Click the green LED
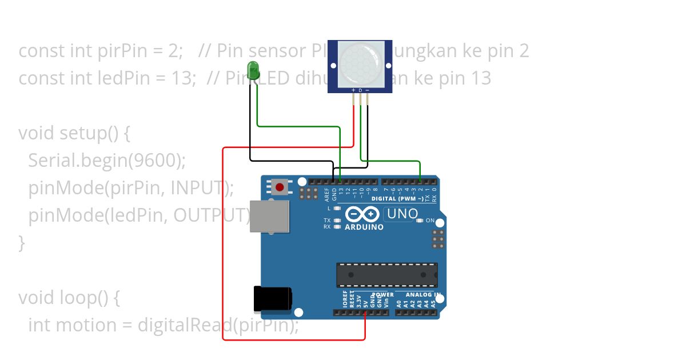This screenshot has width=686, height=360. (253, 71)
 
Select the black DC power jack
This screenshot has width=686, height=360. (273, 299)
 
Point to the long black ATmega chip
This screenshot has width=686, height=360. (387, 275)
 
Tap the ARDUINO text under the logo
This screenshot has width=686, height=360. (364, 227)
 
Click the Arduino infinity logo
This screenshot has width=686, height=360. (363, 214)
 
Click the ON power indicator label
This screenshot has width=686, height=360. (430, 221)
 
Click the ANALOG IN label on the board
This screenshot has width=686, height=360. (423, 295)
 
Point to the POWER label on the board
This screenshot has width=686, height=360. (383, 295)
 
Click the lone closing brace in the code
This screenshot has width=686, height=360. (22, 243)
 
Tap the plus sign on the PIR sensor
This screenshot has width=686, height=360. (353, 90)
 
